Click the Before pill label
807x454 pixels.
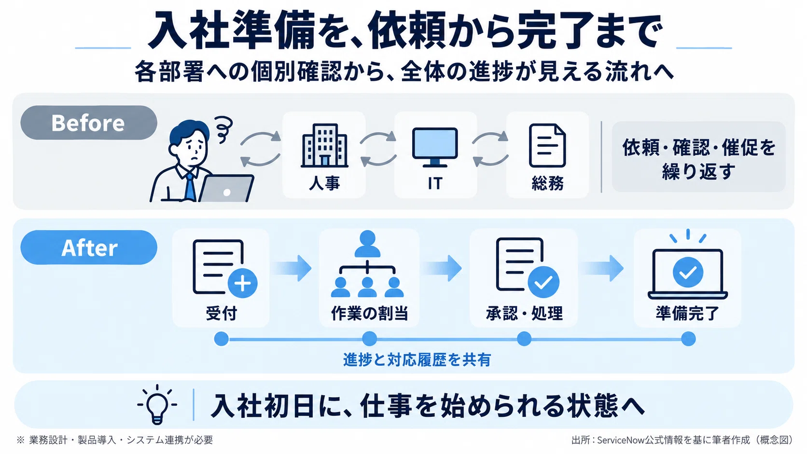89,123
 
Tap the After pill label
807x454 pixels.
89,248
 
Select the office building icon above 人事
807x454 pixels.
324,145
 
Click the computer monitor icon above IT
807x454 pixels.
435,147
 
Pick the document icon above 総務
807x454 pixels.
547,145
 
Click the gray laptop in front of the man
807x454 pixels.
226,188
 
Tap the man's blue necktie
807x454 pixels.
190,187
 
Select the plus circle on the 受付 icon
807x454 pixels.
242,283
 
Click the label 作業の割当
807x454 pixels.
370,313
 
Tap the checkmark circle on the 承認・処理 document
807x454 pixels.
543,282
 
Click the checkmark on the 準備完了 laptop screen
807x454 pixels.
688,272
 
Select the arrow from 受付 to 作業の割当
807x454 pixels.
292,268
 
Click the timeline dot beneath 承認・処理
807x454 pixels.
524,339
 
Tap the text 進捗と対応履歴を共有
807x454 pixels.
417,359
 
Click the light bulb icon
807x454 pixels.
157,404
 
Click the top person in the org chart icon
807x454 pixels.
367,244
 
